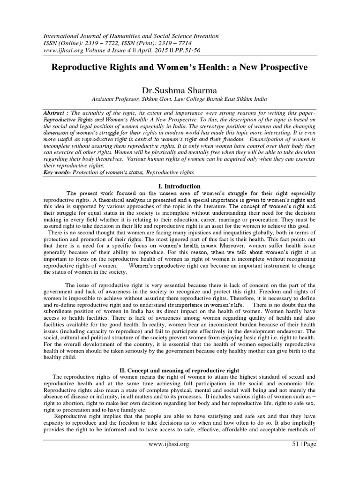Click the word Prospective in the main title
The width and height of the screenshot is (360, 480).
[x=280, y=67]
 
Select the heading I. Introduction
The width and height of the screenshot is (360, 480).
[x=180, y=186]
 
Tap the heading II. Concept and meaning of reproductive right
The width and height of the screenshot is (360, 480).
[x=180, y=370]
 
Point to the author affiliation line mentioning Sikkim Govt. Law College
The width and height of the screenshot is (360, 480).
[x=180, y=99]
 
